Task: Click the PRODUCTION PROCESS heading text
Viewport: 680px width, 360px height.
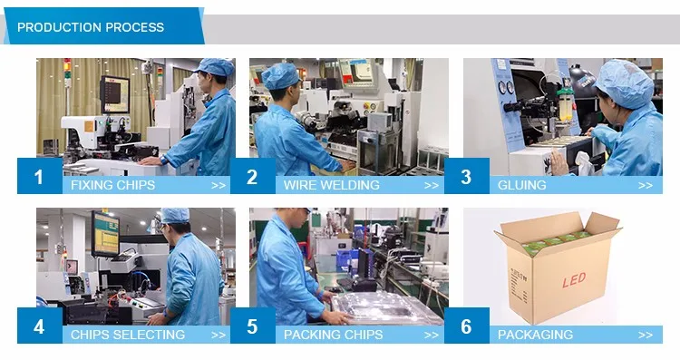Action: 91,27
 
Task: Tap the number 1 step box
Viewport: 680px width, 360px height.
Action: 40,176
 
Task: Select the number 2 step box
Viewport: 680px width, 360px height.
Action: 253,176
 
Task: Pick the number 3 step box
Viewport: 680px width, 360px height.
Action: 467,176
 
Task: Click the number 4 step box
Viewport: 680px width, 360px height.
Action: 40,326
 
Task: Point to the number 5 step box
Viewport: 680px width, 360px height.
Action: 253,326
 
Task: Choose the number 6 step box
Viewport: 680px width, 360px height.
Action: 467,326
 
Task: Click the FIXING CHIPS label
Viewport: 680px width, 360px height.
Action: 112,185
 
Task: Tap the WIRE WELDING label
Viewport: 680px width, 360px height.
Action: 331,185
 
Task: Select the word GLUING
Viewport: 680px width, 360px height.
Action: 521,185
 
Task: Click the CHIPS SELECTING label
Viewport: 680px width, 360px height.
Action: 128,335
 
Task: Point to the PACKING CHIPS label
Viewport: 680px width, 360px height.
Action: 333,335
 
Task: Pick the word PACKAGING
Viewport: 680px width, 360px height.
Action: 535,335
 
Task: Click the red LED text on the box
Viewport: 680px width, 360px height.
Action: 574,280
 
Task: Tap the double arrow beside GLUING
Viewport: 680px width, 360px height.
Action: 646,186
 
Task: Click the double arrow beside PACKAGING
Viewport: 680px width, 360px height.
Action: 646,336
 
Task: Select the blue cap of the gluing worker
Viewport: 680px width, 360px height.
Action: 625,83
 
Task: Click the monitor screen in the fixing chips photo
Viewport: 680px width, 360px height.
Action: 115,94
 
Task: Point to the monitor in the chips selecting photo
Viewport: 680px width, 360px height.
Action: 105,233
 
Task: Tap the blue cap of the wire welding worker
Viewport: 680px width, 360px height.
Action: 280,76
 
